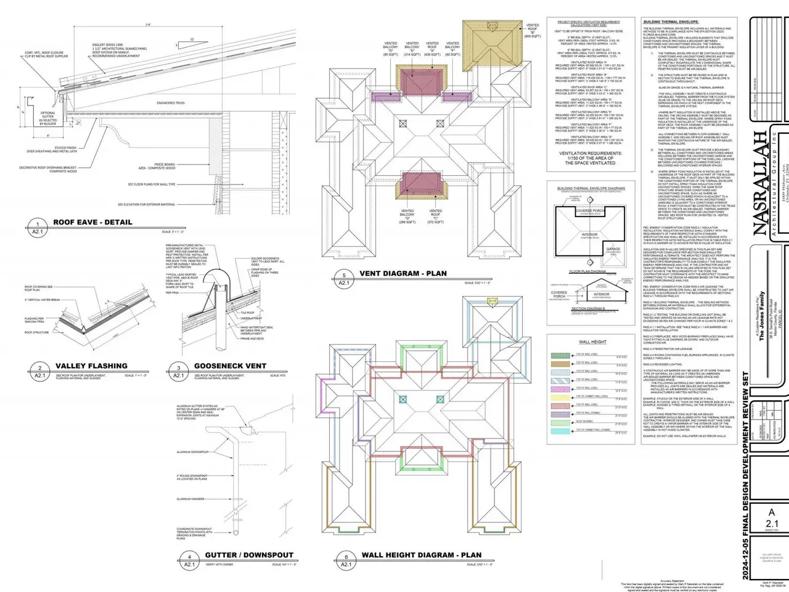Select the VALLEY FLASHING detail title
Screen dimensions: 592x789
91,366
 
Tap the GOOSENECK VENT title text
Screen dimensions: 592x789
230,366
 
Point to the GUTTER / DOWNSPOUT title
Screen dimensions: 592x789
249,555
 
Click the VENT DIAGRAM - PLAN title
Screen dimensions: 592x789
403,273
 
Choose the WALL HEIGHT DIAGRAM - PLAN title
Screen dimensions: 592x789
422,555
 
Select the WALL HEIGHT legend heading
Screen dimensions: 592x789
592,342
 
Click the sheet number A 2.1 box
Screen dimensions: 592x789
772,519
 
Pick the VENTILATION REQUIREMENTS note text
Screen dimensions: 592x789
591,158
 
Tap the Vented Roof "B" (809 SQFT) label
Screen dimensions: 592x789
533,31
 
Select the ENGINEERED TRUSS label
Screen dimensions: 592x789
171,103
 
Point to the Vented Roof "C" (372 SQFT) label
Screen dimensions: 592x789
435,216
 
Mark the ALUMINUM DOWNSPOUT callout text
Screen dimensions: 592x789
192,452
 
